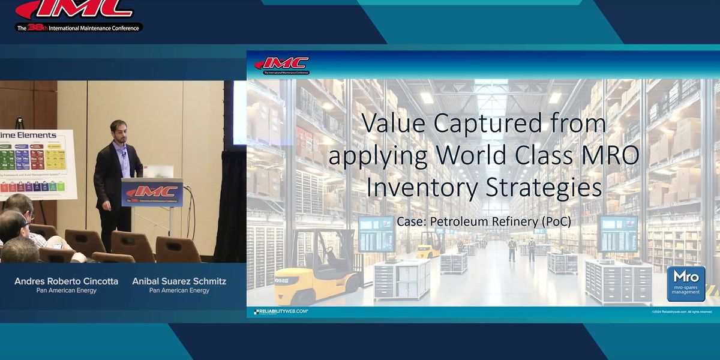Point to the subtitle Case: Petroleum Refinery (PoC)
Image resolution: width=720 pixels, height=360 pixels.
click(x=484, y=221)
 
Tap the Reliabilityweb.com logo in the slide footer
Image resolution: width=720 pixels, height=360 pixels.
click(x=281, y=312)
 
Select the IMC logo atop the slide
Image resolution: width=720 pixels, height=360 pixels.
click(x=281, y=64)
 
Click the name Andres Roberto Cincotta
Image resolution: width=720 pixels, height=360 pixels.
click(x=67, y=281)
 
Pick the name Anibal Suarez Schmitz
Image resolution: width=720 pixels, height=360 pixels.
click(x=179, y=281)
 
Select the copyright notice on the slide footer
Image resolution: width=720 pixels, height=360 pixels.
click(x=682, y=312)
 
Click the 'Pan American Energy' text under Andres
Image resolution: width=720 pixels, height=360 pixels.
click(x=67, y=290)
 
